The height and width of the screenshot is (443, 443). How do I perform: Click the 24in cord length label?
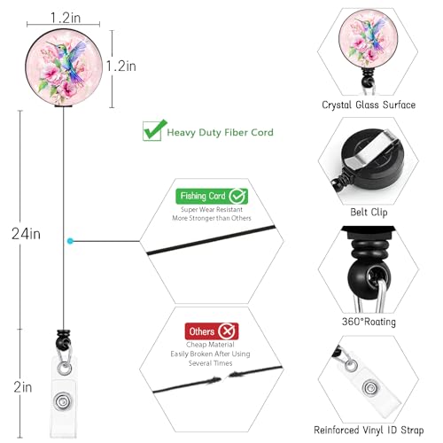tap(26, 234)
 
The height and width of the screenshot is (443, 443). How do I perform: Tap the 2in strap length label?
tap(23, 387)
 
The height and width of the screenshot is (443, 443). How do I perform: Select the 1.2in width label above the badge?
tap(66, 18)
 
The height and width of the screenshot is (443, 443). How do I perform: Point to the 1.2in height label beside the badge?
tap(121, 66)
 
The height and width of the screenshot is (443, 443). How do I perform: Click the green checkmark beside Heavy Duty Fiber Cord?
tap(154, 130)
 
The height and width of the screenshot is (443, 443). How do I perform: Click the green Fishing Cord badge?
tap(212, 196)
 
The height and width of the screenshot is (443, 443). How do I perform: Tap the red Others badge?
tap(212, 331)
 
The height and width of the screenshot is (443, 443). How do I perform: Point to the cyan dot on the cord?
tap(70, 241)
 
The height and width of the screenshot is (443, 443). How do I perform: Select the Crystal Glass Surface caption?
tap(369, 105)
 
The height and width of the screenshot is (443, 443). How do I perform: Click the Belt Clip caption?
tap(369, 212)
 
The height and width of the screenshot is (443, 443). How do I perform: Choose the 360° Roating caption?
tap(369, 322)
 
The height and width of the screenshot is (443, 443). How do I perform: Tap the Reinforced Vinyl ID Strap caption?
tap(369, 430)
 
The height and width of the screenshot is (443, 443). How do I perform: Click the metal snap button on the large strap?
tap(63, 401)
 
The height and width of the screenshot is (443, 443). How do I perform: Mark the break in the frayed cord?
tap(224, 377)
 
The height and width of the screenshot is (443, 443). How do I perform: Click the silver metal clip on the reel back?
tap(369, 149)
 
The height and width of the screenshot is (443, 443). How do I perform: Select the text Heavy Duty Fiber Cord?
tap(220, 132)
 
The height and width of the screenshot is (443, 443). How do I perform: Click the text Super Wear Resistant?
tap(212, 209)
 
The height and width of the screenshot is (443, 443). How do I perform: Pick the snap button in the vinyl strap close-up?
tap(370, 387)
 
